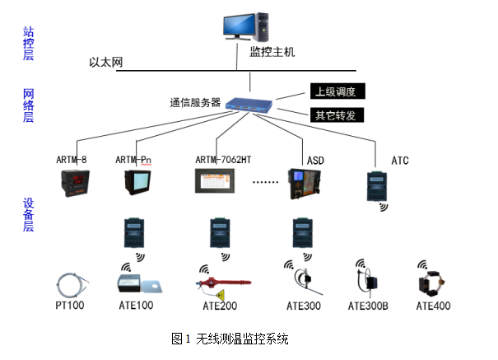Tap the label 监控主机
point(272,52)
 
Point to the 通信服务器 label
point(195,103)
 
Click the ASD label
point(315,159)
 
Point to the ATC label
point(400,159)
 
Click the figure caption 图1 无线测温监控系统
point(230,339)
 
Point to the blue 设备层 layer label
point(28,213)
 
